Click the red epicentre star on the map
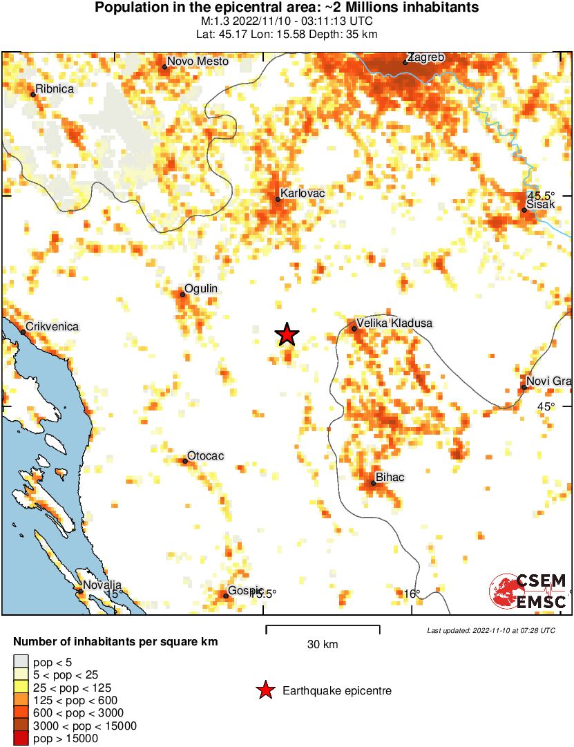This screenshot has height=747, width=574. [287, 334]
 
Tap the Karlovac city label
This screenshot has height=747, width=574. [303, 194]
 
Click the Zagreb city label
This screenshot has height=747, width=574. [425, 57]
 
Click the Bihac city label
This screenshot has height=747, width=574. [390, 477]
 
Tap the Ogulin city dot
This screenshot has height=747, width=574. [182, 295]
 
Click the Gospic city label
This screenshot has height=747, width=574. [246, 590]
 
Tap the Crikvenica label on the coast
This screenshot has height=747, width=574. [52, 326]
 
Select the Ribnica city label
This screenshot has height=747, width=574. [55, 88]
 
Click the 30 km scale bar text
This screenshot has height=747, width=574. [323, 645]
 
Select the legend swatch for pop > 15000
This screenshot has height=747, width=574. [21, 739]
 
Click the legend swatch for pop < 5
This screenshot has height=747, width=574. [21, 662]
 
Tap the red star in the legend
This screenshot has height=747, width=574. [265, 690]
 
